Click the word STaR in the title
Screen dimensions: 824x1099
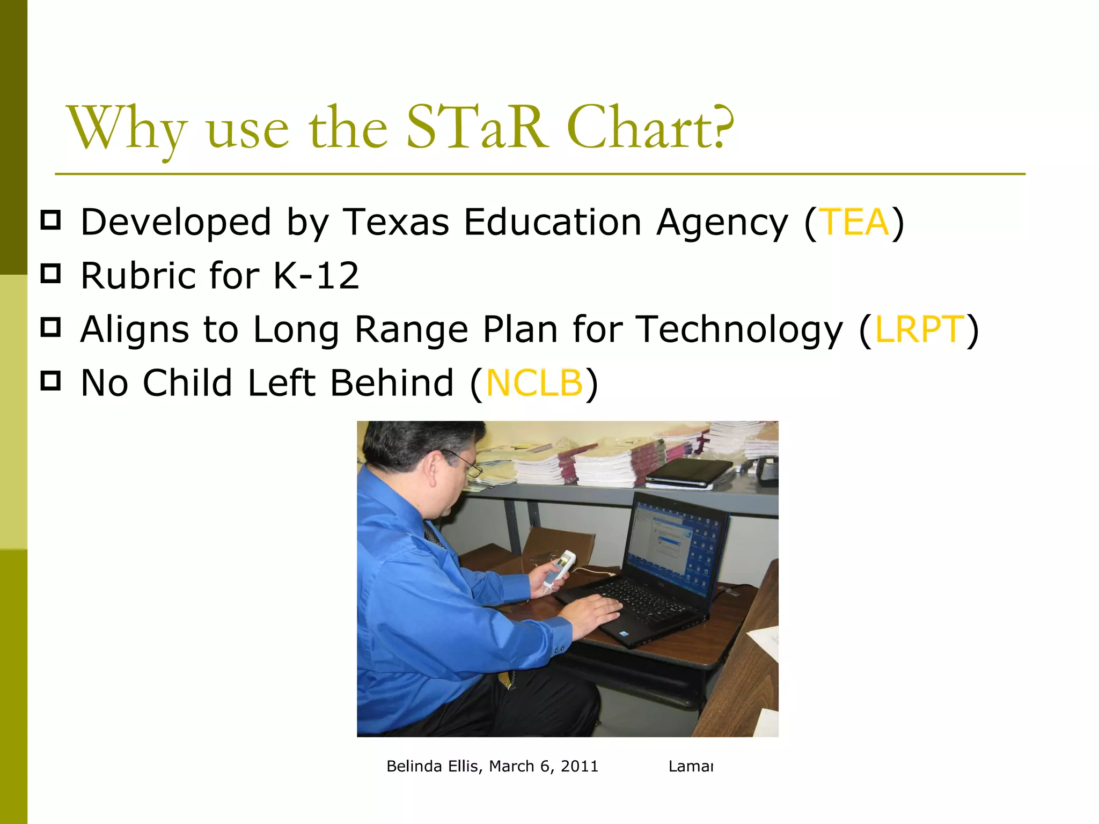(x=477, y=128)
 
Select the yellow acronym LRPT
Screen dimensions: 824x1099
(x=919, y=329)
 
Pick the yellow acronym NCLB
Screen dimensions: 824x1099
(x=534, y=383)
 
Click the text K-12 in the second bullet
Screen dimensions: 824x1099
(x=316, y=276)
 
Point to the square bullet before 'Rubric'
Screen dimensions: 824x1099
(x=50, y=273)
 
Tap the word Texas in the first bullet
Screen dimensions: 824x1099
(x=396, y=222)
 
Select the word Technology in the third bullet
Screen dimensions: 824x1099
(x=739, y=329)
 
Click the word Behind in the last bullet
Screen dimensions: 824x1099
(x=392, y=383)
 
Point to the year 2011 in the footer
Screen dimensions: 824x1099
(x=579, y=766)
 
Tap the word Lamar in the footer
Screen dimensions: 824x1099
(x=691, y=766)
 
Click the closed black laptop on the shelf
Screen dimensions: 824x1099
(x=690, y=473)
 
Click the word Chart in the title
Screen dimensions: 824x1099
(x=639, y=128)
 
